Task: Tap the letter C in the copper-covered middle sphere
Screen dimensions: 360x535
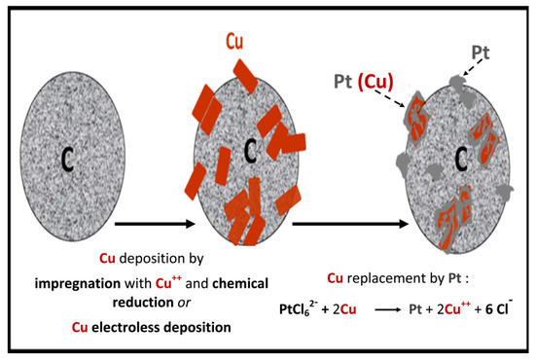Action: coord(250,151)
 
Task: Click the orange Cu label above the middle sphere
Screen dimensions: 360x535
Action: coord(233,42)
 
